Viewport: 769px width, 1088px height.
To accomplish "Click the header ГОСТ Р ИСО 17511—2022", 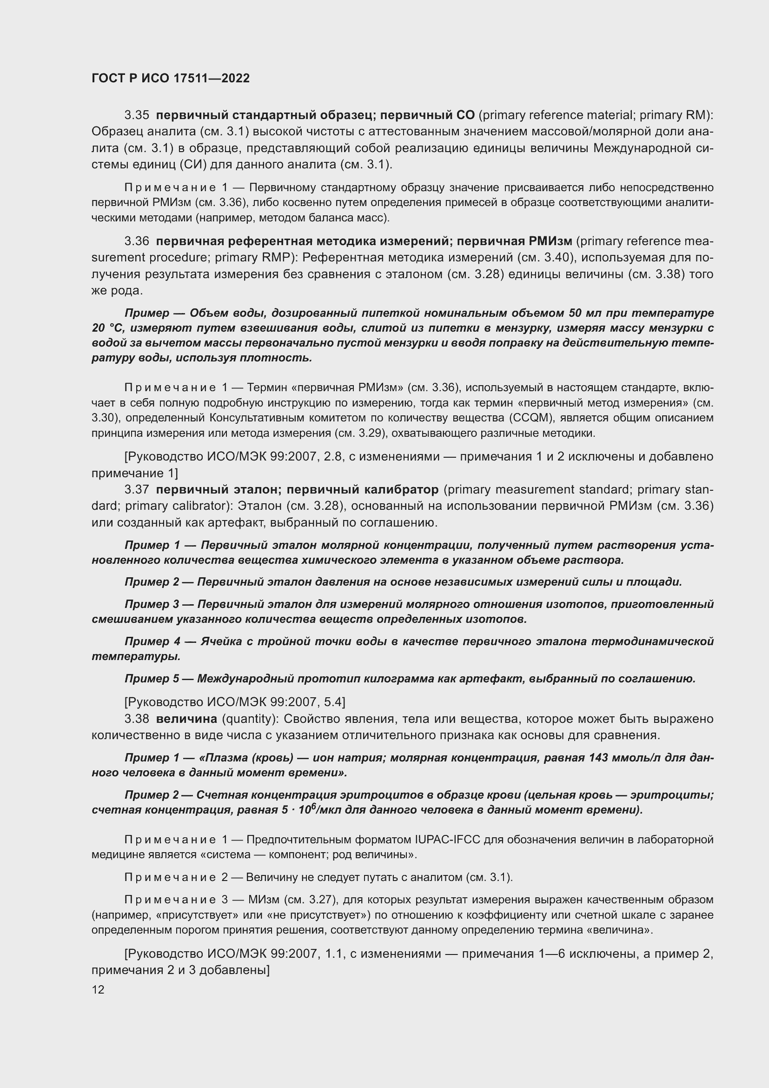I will [x=171, y=79].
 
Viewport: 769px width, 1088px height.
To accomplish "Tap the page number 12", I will [x=98, y=989].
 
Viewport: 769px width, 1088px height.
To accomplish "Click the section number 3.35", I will [x=137, y=115].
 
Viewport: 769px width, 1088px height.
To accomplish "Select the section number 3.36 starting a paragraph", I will [x=137, y=241].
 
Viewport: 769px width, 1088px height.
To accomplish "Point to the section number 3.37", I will [x=137, y=489].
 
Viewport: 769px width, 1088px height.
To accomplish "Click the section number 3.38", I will [x=137, y=719].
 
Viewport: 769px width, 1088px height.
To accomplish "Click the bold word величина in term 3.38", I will [x=186, y=719].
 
